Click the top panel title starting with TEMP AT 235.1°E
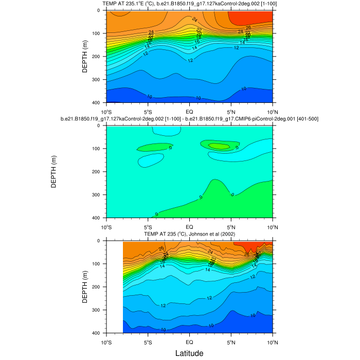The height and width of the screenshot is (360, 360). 189,4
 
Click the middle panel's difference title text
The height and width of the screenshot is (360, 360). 189,119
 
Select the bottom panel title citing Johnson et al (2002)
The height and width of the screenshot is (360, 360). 189,234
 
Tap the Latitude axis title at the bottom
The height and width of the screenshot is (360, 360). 189,353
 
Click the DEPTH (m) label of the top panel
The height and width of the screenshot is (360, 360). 85,57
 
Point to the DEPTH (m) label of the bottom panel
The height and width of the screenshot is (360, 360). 85,287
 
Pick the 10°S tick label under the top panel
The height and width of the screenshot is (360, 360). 107,111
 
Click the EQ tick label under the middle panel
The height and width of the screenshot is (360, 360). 189,226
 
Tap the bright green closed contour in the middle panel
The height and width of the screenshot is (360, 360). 220,146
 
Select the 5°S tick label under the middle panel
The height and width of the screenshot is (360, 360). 148,226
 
